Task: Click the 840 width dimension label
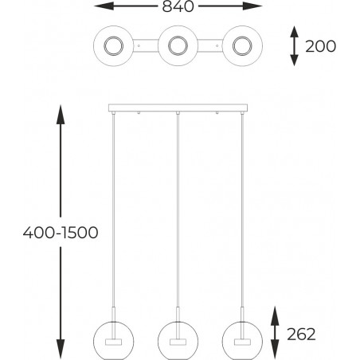coord(178,6)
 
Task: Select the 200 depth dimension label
coord(320,46)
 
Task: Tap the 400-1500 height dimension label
coord(61,233)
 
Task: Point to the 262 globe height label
coord(301,335)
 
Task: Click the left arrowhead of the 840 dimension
coord(104,6)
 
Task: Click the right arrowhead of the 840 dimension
coord(252,6)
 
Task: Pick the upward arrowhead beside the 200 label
coord(294,32)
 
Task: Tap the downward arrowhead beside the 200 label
coord(294,61)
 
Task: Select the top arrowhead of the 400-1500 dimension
coord(61,115)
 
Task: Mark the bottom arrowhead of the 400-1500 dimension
coord(61,350)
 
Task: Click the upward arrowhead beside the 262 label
coord(275,316)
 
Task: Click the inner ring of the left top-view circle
coord(113,46)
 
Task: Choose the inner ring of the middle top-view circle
coord(178,46)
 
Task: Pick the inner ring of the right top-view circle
coord(242,46)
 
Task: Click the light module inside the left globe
coord(113,342)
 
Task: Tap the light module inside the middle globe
coord(178,342)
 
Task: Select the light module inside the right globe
coord(242,342)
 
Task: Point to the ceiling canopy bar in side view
coord(178,108)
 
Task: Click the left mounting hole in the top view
coord(139,46)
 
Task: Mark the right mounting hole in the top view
coord(217,46)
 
